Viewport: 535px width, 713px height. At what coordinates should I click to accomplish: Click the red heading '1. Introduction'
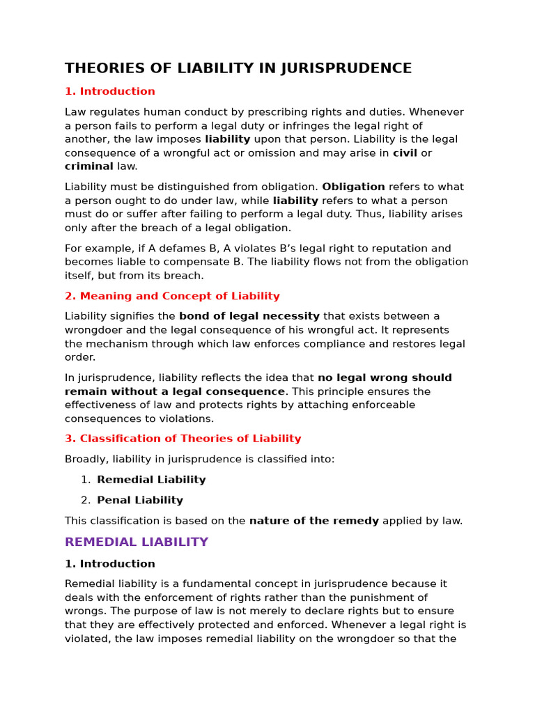tap(110, 91)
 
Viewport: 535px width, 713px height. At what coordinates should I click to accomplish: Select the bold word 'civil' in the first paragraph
tap(405, 153)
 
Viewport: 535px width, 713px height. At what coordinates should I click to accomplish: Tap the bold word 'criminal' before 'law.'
tap(88, 166)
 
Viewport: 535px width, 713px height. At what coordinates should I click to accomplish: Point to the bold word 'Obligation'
tap(353, 187)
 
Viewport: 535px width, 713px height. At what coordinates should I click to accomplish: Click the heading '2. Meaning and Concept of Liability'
tap(172, 296)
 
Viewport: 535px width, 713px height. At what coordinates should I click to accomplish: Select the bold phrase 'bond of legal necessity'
tap(249, 316)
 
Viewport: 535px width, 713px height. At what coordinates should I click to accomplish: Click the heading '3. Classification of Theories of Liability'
tap(183, 439)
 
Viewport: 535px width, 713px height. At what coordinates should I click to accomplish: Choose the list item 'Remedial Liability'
tap(151, 480)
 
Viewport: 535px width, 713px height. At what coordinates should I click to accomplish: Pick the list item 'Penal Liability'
tap(140, 500)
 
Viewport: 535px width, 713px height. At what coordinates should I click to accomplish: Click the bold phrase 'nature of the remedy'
tap(314, 521)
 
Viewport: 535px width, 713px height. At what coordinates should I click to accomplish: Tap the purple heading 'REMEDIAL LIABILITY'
tap(137, 542)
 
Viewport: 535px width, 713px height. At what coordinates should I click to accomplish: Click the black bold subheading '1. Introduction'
tap(110, 564)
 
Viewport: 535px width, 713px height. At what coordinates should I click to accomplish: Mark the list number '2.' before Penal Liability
tap(86, 500)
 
